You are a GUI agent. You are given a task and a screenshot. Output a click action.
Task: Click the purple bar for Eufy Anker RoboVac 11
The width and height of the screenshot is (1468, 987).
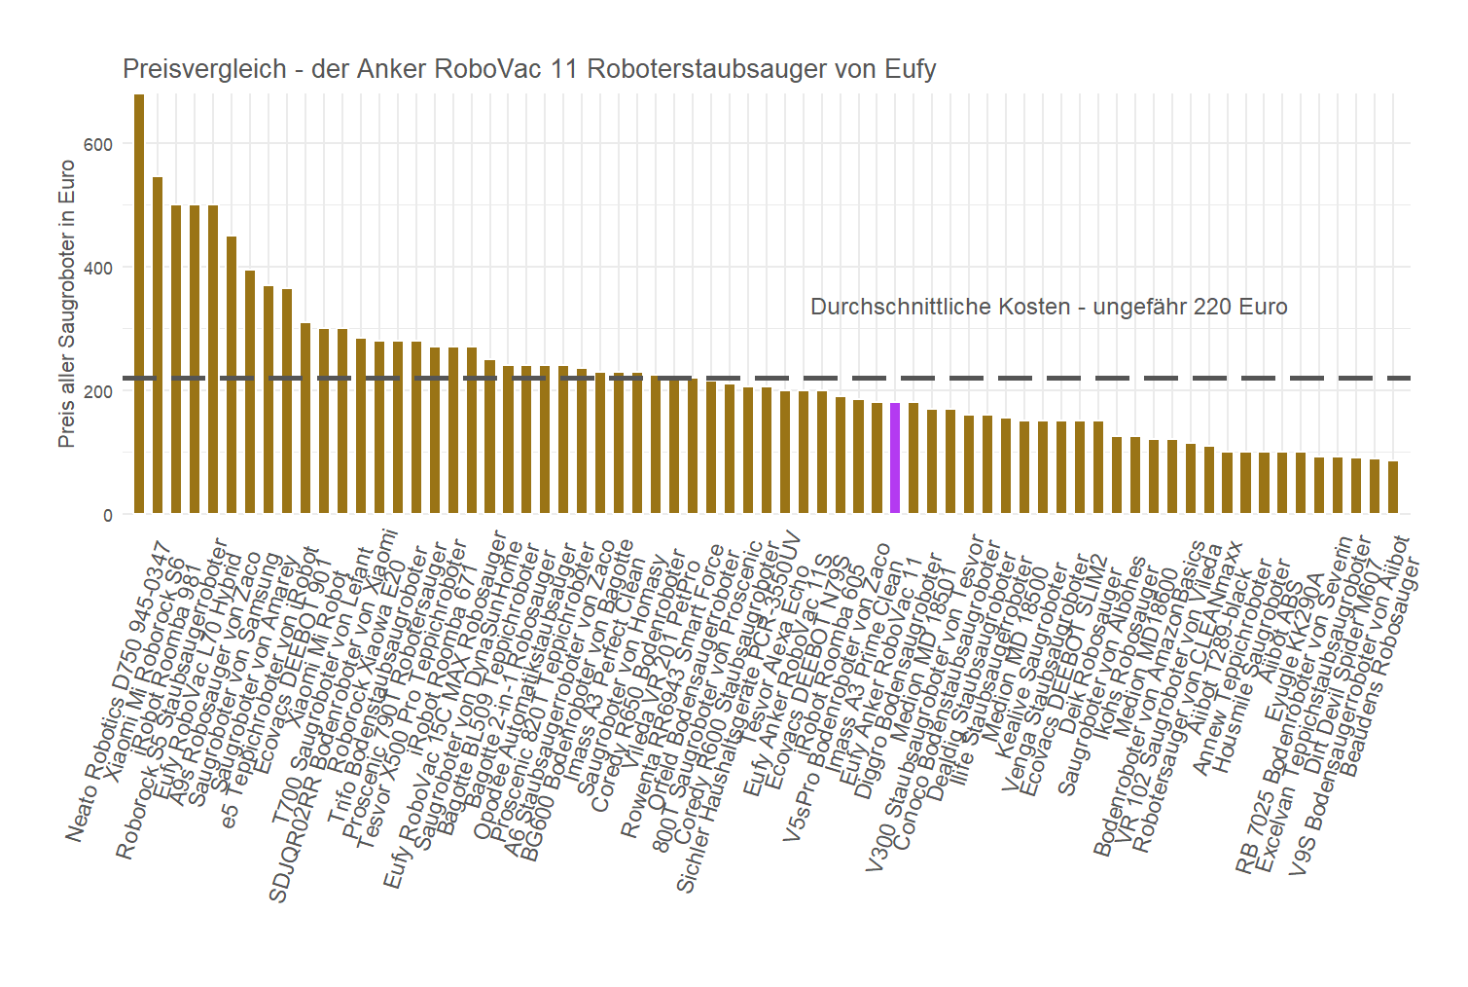895,457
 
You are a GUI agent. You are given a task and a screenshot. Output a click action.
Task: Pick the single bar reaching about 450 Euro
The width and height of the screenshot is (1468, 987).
232,375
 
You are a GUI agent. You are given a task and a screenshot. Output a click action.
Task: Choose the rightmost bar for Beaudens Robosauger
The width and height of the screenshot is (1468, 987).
1393,487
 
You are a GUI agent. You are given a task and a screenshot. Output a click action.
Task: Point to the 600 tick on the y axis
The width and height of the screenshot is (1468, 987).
98,144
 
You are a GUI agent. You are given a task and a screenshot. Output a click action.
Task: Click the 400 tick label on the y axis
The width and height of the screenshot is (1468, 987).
98,268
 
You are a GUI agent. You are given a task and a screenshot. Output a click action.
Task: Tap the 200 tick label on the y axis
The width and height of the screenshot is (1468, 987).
98,391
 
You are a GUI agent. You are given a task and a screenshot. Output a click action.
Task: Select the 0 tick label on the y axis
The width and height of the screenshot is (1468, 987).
107,515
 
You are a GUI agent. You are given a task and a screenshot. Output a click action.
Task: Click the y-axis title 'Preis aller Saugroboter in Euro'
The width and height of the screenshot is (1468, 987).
66,304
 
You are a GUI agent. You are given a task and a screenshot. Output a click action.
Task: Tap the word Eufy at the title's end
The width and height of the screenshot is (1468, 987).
911,69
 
